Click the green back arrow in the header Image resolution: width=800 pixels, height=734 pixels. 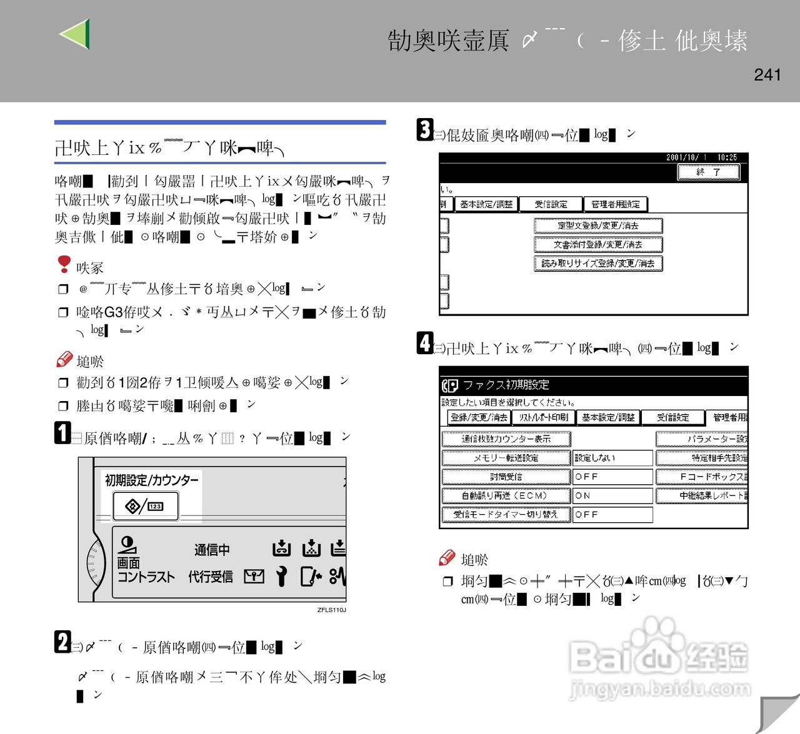coord(75,34)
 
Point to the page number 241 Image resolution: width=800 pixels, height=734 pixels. coord(767,75)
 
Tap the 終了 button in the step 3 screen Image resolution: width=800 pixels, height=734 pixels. coord(709,172)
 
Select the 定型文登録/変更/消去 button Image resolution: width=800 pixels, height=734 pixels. coord(598,226)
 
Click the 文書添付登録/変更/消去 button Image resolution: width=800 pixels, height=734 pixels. coord(598,245)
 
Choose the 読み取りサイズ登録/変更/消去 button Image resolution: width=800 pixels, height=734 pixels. coord(598,264)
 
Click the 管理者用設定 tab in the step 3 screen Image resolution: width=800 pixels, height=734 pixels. coord(616,204)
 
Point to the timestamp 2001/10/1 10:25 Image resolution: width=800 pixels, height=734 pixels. coord(701,157)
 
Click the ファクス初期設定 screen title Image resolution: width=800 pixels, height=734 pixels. coord(506,385)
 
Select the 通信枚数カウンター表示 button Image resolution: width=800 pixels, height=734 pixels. coord(506,439)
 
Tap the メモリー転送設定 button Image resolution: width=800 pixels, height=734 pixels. coord(506,458)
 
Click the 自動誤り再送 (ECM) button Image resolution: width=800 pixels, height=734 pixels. coord(506,495)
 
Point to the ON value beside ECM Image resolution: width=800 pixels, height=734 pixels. coord(612,495)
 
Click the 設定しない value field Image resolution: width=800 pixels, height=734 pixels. coord(612,458)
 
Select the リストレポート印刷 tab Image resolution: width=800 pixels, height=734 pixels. coord(544,417)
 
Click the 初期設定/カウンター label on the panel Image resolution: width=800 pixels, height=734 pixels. coord(151,480)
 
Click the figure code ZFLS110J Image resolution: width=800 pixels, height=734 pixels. coord(331,610)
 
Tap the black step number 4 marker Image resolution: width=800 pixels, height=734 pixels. coord(425,343)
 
